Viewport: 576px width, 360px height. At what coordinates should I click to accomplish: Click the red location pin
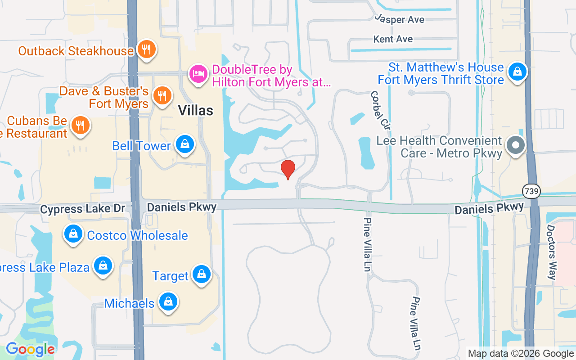tap(288, 169)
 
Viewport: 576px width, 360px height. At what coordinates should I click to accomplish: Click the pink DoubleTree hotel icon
tap(198, 74)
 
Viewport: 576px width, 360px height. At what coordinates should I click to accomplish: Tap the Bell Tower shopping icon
tap(184, 144)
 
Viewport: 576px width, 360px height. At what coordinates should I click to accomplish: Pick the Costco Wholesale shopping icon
tap(72, 234)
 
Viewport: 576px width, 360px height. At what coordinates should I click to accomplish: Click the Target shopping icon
tap(201, 274)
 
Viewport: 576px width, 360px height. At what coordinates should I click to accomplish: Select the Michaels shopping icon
tap(168, 302)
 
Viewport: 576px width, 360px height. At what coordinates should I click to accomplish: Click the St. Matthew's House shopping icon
tap(518, 72)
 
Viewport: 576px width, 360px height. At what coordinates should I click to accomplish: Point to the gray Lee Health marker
tap(516, 145)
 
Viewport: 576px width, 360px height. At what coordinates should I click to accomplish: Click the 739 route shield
tap(531, 191)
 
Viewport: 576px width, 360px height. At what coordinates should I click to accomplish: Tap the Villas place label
tap(195, 110)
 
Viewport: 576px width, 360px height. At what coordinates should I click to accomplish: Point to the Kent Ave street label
tap(393, 39)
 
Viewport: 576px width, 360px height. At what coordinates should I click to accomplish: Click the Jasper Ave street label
tap(400, 20)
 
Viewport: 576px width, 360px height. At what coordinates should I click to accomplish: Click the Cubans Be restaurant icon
tap(81, 125)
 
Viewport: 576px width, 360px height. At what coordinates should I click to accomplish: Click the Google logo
tap(30, 349)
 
